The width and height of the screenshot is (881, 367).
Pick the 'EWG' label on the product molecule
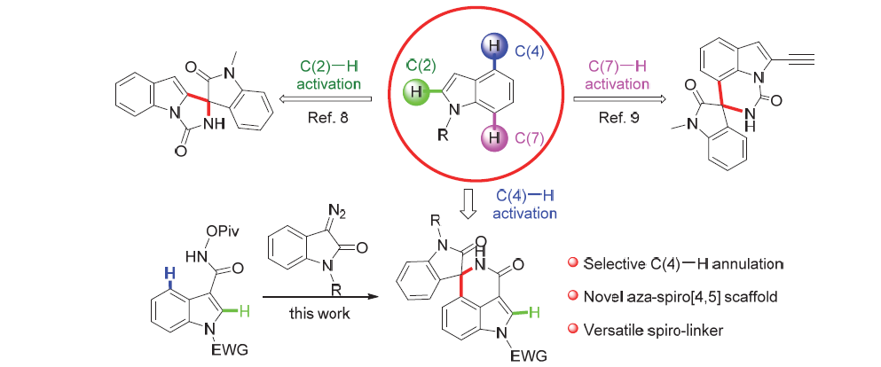tap(515, 355)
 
